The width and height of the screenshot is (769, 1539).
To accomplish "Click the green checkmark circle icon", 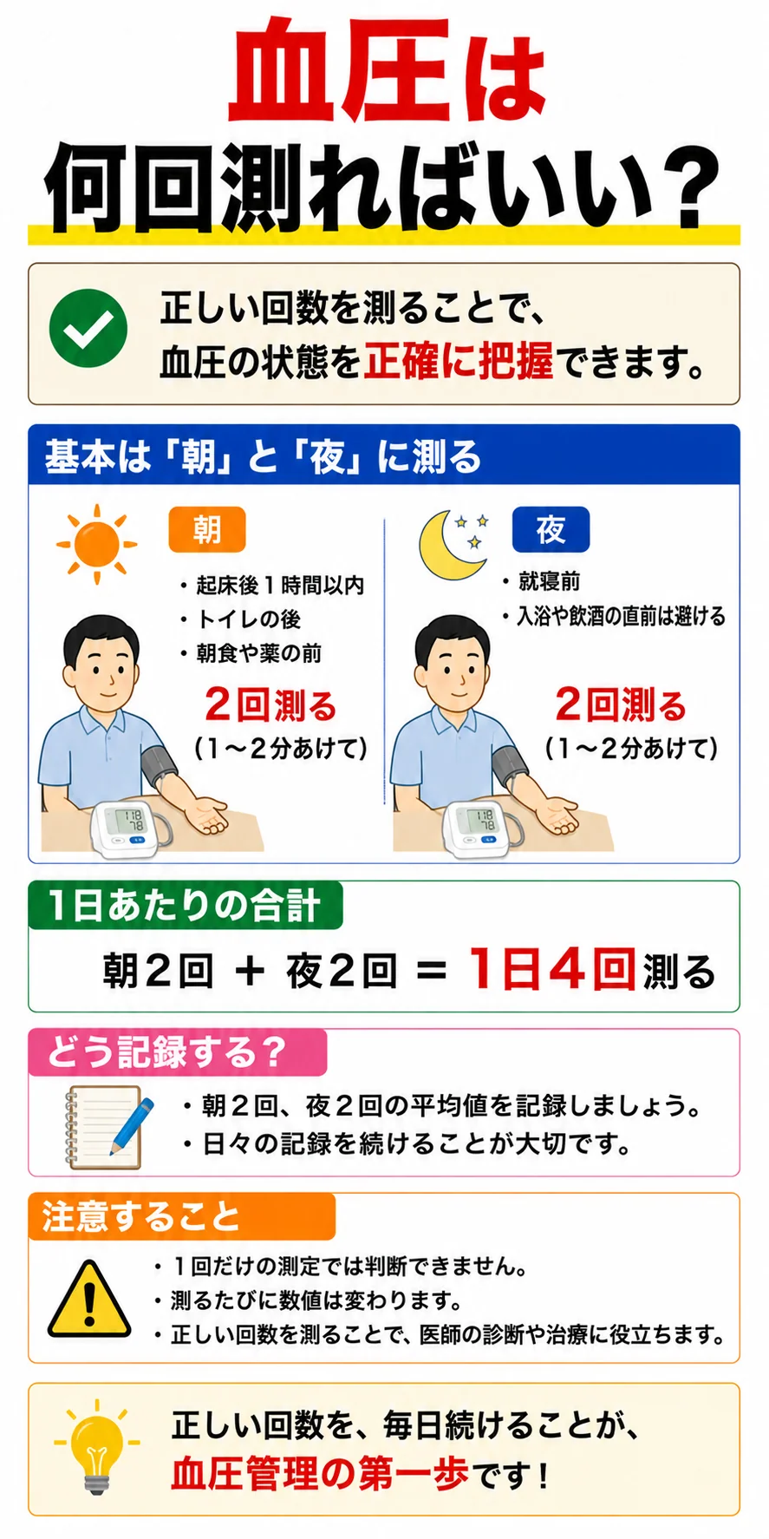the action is pos(88,329).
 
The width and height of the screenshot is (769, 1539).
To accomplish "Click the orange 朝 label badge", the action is pos(207,529).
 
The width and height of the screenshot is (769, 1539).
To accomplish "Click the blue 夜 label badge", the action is pos(551,529).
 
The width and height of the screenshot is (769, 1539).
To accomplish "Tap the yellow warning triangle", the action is pos(89,1300).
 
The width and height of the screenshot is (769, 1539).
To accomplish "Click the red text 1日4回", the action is pos(551,968).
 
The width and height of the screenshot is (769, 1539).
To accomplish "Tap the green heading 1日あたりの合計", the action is pos(185,906).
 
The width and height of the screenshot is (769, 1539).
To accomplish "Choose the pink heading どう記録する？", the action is pos(166,1051).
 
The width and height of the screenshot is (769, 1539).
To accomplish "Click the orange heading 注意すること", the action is pos(140,1215).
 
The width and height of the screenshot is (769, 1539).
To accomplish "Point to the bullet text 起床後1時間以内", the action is pos(280,586).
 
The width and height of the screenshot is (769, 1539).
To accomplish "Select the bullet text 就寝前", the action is pos(549,581).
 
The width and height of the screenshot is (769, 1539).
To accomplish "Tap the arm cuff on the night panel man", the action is pos(511,765).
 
